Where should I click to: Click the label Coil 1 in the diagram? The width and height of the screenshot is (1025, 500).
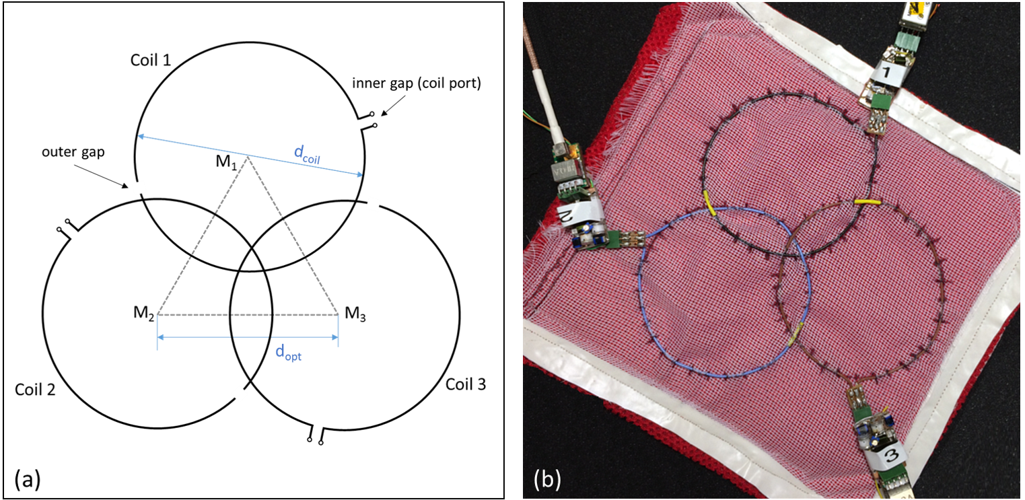click(151, 61)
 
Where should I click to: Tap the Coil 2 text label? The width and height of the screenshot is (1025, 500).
click(34, 390)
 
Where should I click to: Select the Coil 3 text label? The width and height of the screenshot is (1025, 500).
click(466, 384)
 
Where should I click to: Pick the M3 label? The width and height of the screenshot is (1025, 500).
click(356, 313)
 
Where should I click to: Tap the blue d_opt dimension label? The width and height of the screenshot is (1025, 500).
click(288, 353)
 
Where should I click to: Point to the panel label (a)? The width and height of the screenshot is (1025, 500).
click(28, 480)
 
